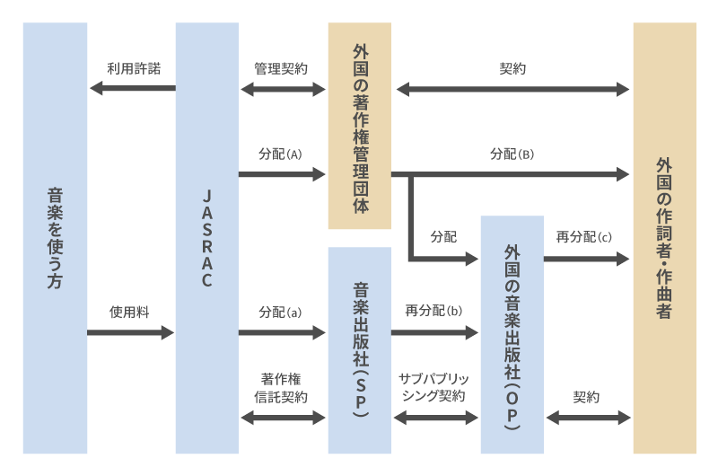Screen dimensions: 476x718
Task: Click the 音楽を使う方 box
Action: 55,238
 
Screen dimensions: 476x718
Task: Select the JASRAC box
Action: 207,238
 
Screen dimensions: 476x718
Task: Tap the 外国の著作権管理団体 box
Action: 360,126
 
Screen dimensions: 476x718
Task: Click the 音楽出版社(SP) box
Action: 360,350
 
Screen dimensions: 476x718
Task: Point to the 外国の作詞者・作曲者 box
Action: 665,238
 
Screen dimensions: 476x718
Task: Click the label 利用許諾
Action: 133,68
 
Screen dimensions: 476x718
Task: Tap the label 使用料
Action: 130,313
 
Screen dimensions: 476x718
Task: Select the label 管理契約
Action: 281,68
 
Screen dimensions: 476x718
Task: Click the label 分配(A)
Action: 281,154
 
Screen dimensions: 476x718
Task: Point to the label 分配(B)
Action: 512,154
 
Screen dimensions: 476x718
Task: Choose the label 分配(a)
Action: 281,313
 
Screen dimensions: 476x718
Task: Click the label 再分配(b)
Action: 434,313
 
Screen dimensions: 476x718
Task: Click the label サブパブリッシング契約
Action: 433,387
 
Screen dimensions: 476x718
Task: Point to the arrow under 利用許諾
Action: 132,88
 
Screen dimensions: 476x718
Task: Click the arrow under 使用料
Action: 130,333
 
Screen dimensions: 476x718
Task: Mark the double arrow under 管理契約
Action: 283,89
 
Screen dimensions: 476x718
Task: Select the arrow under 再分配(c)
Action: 587,259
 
